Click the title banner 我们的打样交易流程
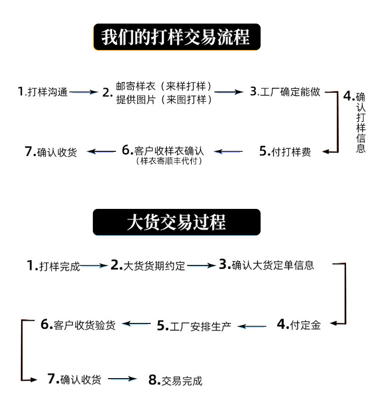coord(176,37)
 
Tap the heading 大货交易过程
coord(176,222)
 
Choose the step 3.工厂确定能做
coord(285,91)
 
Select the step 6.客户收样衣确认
coord(163,150)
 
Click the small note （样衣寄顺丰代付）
coord(169,161)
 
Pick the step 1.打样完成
coord(54,266)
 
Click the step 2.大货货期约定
coord(148,265)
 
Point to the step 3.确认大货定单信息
coord(266,265)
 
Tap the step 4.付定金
coord(298,324)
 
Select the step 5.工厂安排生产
coord(194,326)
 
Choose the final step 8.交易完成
coord(175,380)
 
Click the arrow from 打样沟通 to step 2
coord(83,92)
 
